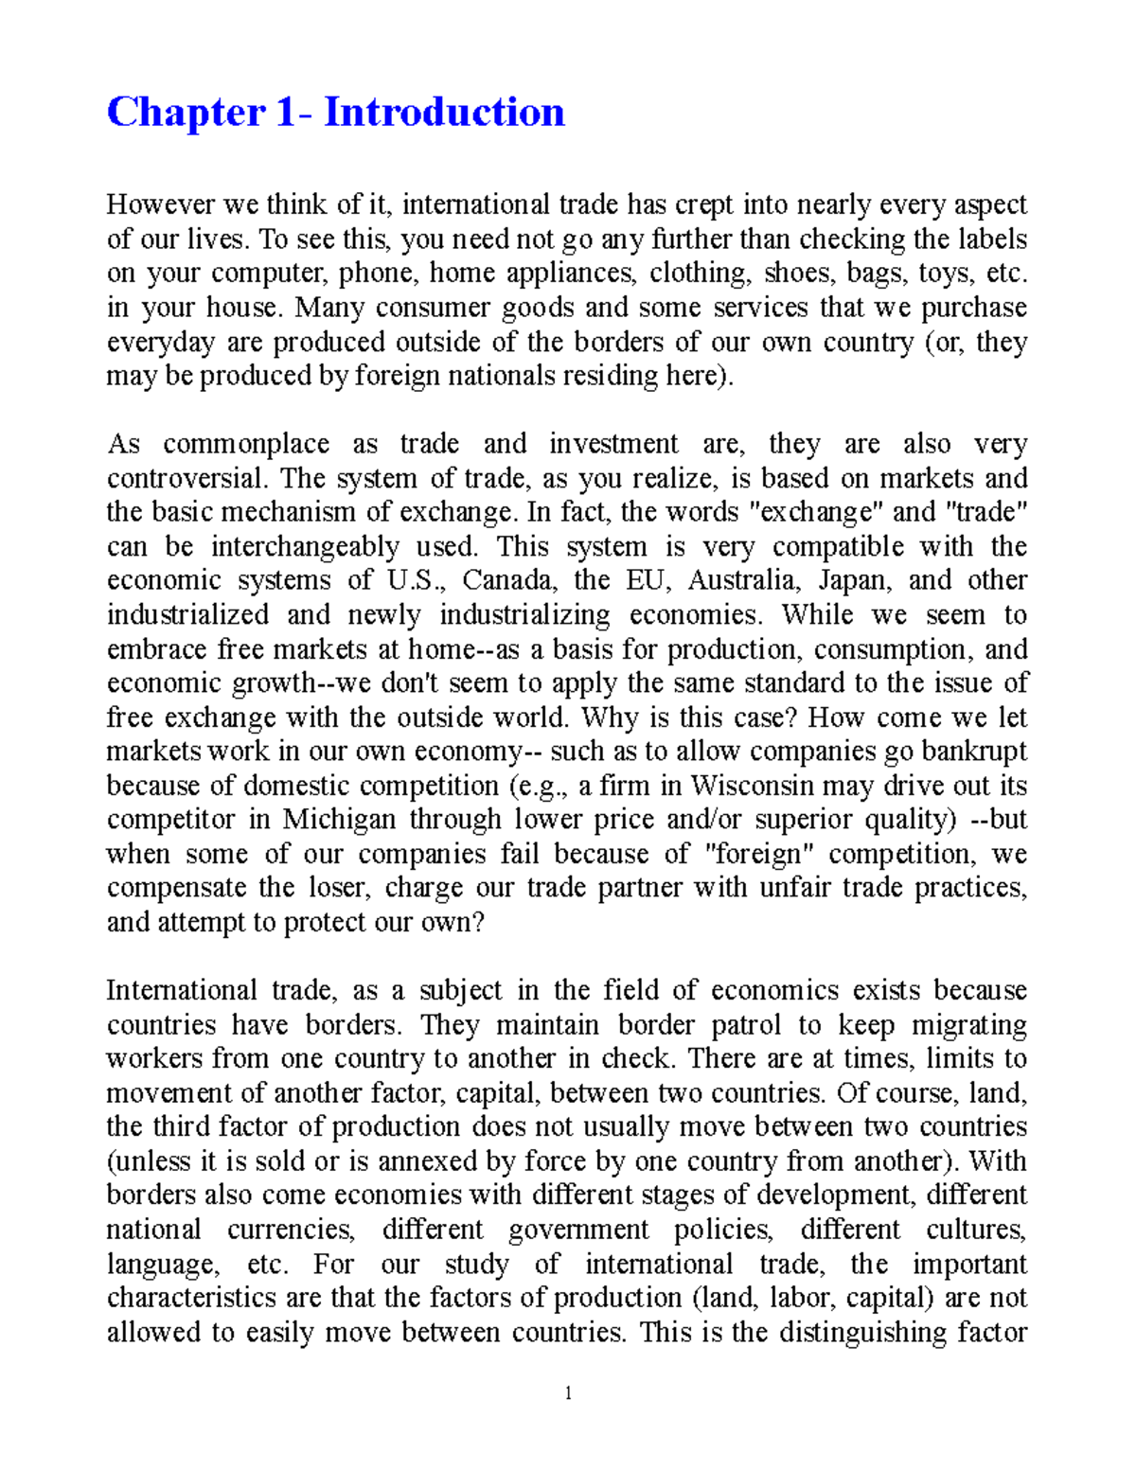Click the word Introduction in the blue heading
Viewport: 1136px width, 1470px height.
point(444,113)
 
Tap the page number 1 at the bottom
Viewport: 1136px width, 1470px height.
point(568,1392)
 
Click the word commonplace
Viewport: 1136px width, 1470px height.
point(246,445)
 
